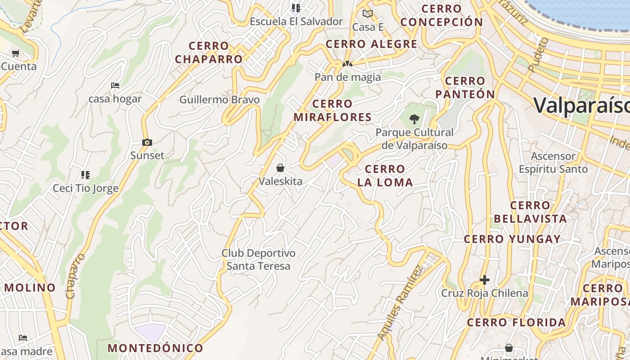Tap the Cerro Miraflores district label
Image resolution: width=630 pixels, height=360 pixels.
333,111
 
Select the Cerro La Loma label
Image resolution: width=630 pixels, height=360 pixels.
385,175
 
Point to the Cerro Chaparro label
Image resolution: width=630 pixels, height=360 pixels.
209,52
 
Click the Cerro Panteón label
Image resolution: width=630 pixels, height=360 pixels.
465,88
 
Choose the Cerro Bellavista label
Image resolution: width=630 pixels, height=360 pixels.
530,212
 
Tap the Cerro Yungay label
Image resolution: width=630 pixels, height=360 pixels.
512,239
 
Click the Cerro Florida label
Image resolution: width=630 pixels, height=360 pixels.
516,322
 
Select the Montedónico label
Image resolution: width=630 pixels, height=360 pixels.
155,348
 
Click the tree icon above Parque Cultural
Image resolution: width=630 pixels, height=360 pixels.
414,119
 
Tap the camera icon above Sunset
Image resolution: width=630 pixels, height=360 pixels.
147,143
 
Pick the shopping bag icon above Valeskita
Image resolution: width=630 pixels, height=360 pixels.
280,168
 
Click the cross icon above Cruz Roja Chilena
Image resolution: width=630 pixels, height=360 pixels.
484,280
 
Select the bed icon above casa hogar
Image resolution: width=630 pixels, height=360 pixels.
115,85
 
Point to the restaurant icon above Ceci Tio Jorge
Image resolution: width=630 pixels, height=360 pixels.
85,175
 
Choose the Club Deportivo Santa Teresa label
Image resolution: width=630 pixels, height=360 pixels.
258,260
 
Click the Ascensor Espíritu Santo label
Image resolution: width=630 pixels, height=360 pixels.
553,162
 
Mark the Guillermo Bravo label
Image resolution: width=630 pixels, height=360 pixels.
220,99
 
